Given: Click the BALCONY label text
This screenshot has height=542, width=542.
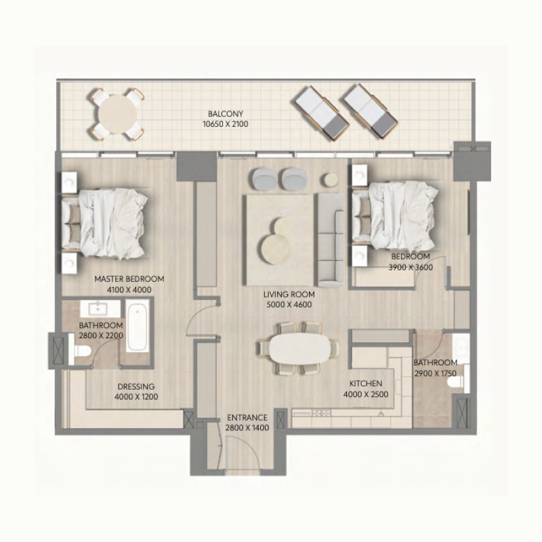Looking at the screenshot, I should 226,114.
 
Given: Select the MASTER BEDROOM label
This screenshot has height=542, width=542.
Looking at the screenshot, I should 129,278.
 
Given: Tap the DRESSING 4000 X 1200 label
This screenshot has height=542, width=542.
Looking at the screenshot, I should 136,392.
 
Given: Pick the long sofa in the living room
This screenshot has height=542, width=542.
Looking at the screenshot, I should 331,238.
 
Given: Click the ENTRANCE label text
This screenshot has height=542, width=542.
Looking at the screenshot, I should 247,418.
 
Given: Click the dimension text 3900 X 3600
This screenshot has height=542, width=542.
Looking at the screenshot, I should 410,267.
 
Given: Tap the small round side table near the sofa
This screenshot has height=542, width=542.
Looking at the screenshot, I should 329,180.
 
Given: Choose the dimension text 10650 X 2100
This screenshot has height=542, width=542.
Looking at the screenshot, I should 226,125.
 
